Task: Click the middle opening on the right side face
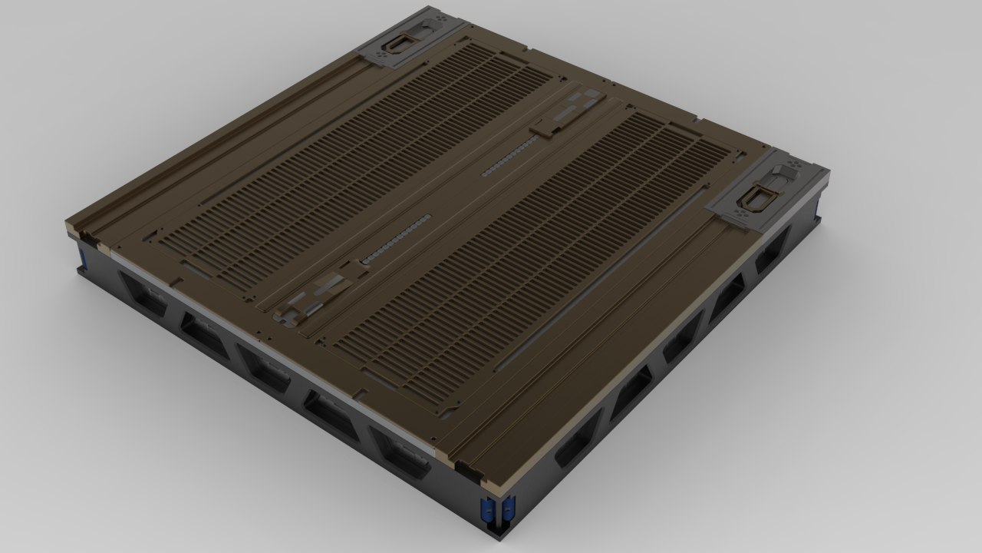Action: tap(680, 340)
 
